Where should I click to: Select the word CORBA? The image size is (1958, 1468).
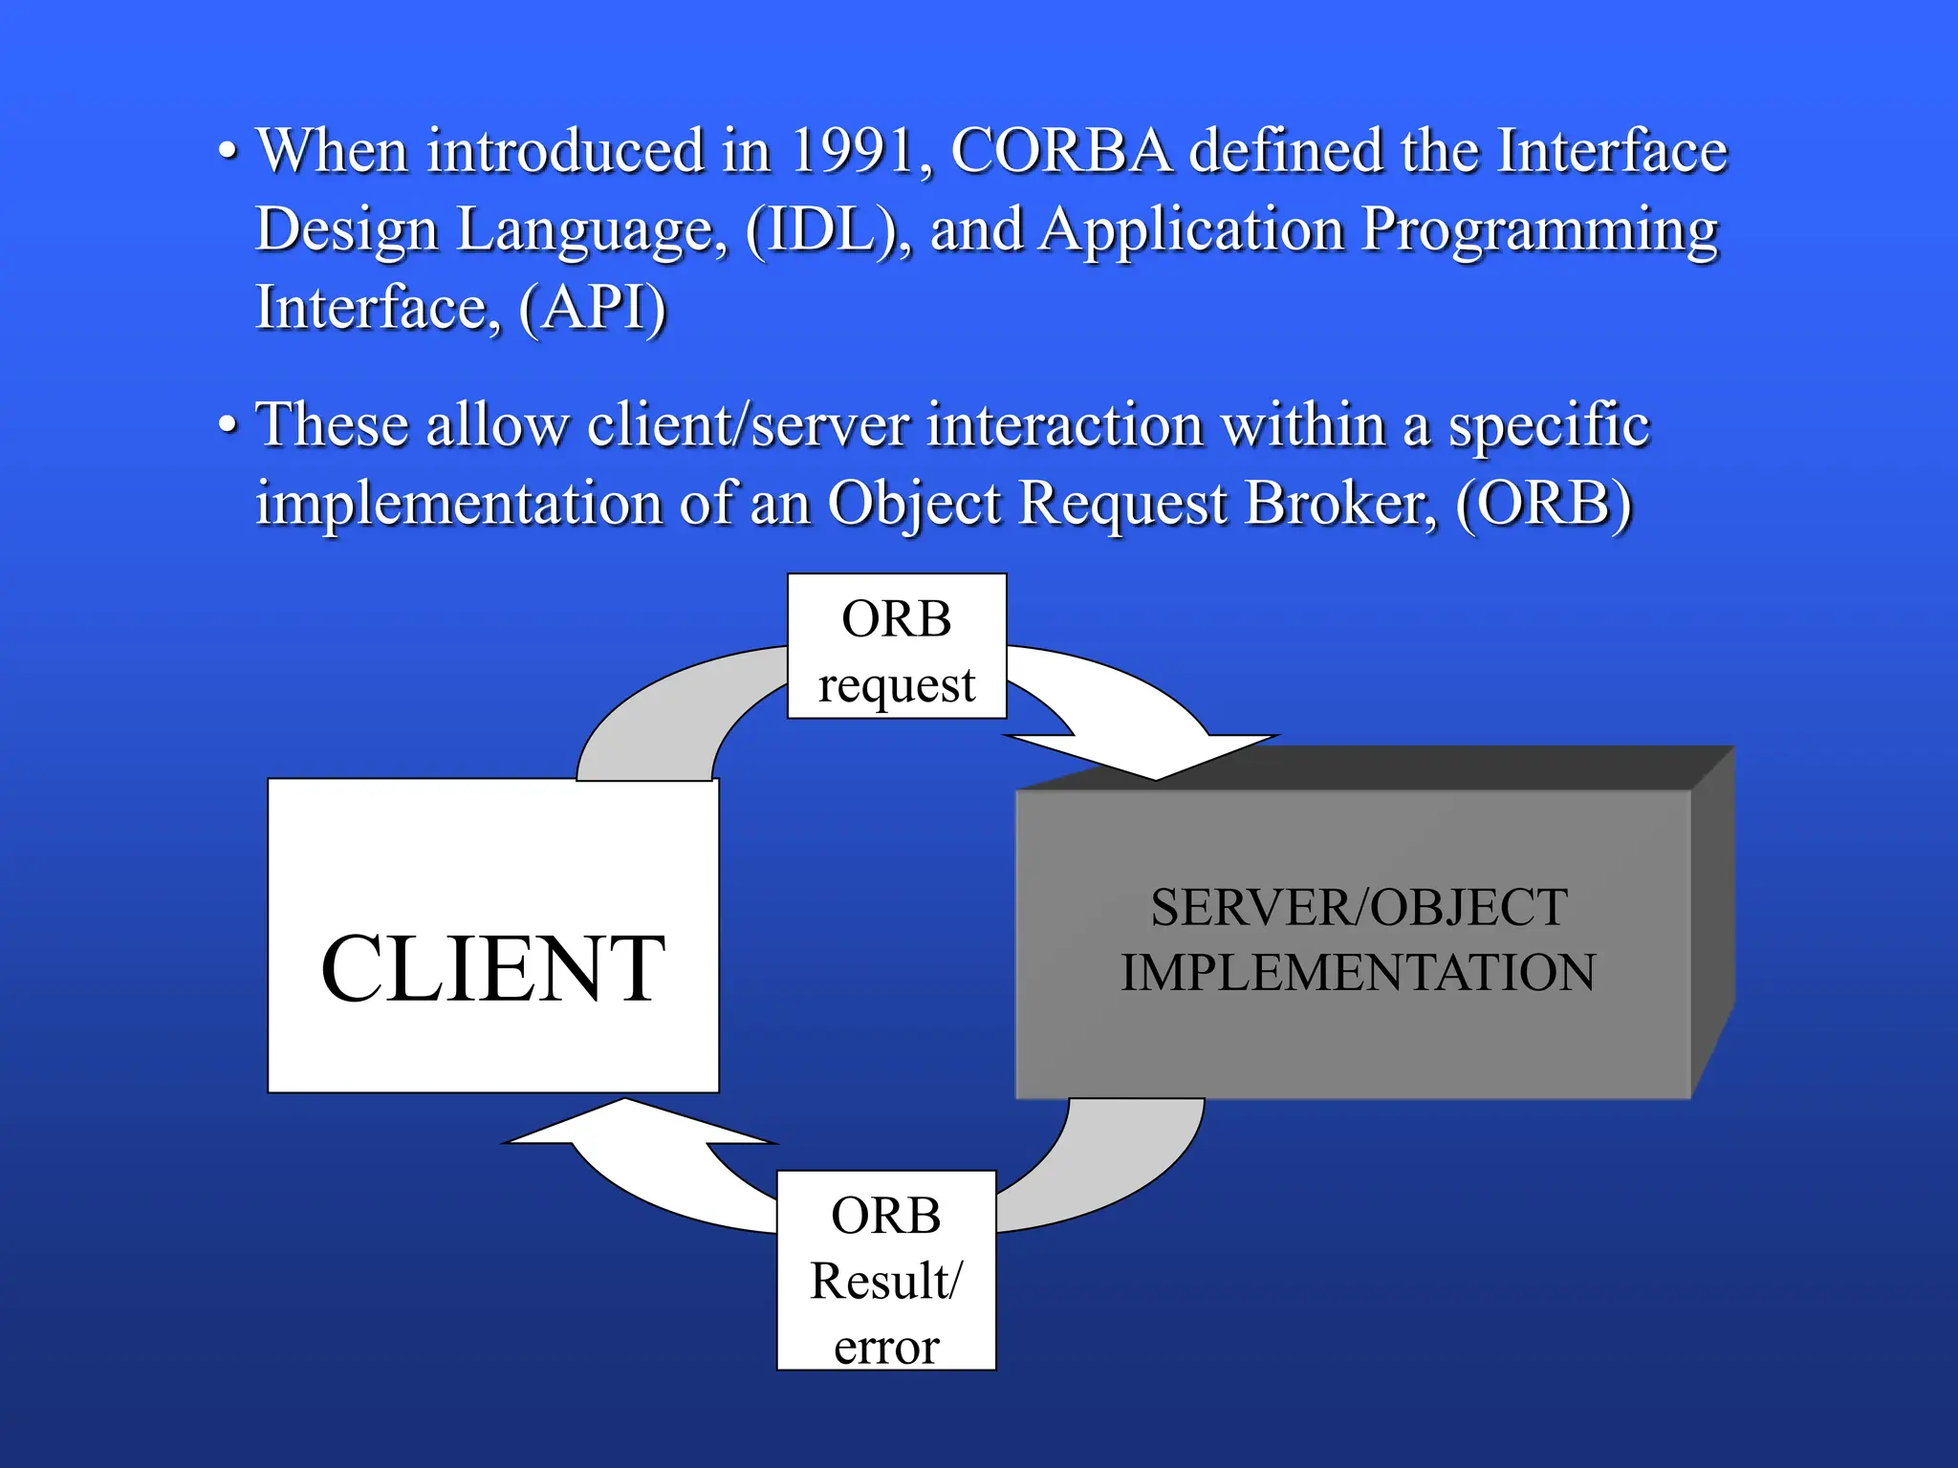tap(1061, 151)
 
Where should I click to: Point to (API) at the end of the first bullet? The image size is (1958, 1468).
tap(592, 309)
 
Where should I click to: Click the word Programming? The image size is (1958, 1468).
tap(1539, 230)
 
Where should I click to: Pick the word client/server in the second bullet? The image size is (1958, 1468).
tap(748, 424)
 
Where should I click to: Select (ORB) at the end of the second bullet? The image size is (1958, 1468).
tap(1543, 504)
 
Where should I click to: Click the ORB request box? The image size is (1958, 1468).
tap(897, 646)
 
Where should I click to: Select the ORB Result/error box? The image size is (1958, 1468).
tap(886, 1271)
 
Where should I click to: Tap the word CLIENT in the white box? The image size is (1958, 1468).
tap(492, 969)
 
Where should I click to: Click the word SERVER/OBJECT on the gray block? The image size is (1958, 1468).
tap(1358, 908)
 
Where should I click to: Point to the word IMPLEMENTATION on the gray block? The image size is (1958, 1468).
tap(1358, 973)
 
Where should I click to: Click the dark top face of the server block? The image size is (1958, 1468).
tap(1386, 767)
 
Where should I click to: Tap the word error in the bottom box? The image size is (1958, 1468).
tap(886, 1346)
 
